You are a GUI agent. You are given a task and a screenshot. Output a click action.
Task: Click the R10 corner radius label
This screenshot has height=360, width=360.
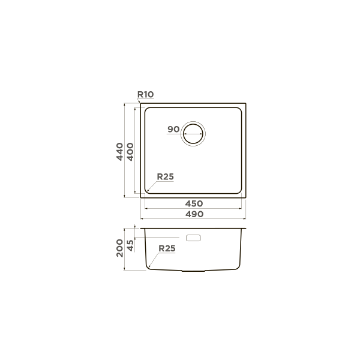pyautogui.click(x=145, y=94)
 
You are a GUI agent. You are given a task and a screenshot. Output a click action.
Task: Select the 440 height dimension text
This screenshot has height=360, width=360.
pyautogui.click(x=119, y=152)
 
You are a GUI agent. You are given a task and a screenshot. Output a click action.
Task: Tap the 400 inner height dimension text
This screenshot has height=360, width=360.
pyautogui.click(x=130, y=152)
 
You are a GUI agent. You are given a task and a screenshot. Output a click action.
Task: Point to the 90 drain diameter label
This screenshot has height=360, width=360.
pyautogui.click(x=173, y=129)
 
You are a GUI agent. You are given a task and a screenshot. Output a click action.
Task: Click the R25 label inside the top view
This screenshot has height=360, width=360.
pyautogui.click(x=166, y=176)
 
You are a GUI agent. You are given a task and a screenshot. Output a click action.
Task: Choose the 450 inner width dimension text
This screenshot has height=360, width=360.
pyautogui.click(x=194, y=203)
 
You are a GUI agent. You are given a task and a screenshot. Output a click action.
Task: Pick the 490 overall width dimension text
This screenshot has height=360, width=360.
pyautogui.click(x=194, y=214)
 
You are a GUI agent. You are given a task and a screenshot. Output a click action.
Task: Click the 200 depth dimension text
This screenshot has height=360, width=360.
pyautogui.click(x=119, y=248)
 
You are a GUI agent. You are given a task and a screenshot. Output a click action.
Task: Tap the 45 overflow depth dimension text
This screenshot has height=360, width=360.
pyautogui.click(x=130, y=245)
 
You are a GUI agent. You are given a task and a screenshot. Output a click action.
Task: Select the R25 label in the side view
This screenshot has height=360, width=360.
pyautogui.click(x=167, y=248)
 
